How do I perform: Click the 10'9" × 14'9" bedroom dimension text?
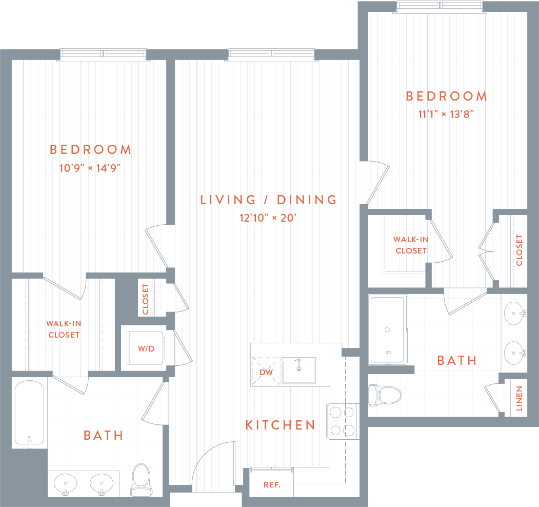90,167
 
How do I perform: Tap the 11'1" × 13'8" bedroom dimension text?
446,114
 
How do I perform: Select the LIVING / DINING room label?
269,200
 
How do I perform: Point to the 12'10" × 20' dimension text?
269,218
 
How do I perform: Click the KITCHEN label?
280,425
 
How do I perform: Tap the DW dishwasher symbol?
266,371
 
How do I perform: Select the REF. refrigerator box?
271,484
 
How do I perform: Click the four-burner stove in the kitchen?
343,421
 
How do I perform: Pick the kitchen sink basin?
298,370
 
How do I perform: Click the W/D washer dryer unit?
146,348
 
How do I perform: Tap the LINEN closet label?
519,398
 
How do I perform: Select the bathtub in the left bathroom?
30,413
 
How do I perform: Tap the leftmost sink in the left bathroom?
65,484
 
